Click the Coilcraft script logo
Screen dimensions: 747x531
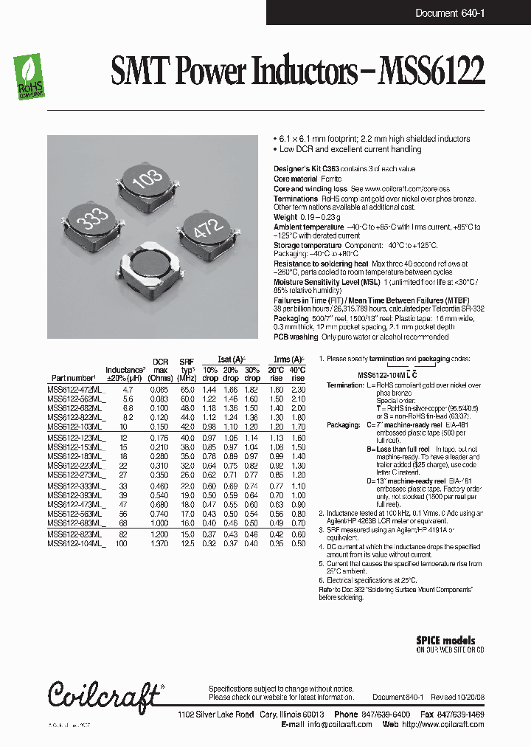pos(104,695)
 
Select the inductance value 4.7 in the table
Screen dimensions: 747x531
pos(128,388)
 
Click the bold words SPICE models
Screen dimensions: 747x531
pos(446,641)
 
